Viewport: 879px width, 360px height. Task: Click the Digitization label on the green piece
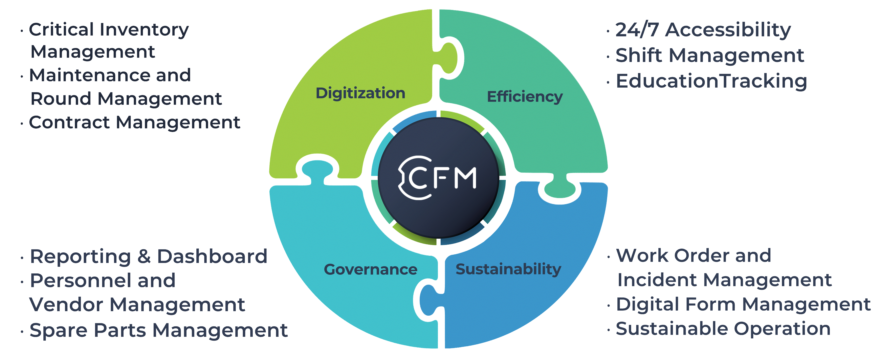(360, 93)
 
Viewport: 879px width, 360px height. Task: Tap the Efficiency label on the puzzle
(524, 97)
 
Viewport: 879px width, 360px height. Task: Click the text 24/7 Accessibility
(703, 30)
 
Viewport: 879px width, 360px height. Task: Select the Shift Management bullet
(710, 56)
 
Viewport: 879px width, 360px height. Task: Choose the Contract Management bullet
(134, 122)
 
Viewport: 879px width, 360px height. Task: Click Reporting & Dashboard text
(148, 257)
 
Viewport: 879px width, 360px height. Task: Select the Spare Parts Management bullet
(159, 330)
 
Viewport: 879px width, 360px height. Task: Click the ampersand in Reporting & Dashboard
(144, 257)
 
